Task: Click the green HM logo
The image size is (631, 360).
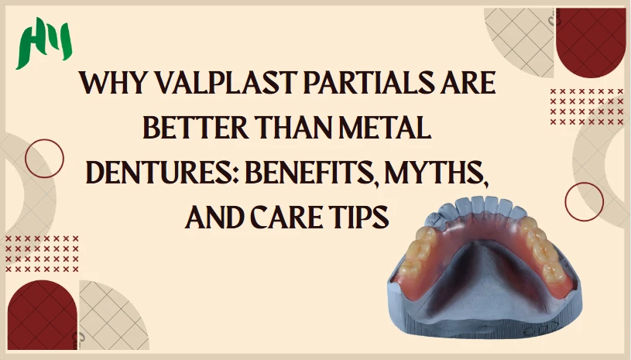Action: pyautogui.click(x=44, y=43)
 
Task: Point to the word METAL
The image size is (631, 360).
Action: pyautogui.click(x=385, y=128)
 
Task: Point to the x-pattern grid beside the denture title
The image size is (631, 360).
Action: pyautogui.click(x=587, y=107)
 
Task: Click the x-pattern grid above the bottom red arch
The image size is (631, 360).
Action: pyautogui.click(x=42, y=254)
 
